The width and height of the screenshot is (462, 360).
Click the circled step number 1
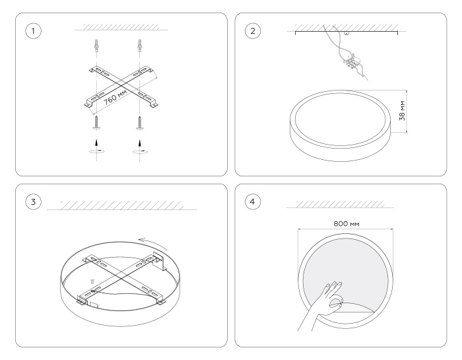(33, 30)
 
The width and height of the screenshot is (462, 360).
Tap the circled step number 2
(253, 30)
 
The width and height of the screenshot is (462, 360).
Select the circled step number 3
(33, 201)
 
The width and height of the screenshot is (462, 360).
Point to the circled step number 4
(253, 201)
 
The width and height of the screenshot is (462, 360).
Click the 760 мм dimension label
(115, 97)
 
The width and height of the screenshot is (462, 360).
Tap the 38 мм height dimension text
(402, 110)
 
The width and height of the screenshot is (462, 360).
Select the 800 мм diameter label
(346, 223)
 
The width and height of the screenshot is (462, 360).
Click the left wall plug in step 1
(97, 45)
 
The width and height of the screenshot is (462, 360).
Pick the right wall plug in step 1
(139, 45)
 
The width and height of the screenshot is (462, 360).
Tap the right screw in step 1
(140, 123)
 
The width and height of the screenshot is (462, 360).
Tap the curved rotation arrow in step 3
(153, 242)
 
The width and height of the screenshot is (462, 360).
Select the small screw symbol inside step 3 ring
(92, 281)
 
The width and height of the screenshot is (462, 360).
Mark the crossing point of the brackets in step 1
(120, 86)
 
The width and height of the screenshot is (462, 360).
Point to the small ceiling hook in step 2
(346, 33)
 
